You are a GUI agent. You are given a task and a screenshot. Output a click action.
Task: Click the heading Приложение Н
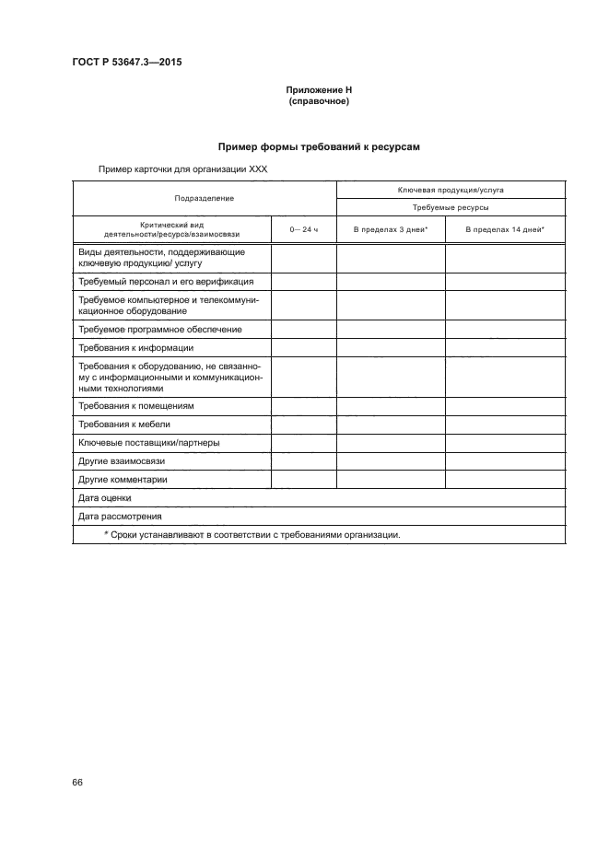pyautogui.click(x=317, y=90)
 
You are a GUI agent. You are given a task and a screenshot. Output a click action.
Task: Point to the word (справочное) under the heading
pyautogui.click(x=317, y=101)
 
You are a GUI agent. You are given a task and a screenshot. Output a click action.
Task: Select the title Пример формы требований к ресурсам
pyautogui.click(x=319, y=145)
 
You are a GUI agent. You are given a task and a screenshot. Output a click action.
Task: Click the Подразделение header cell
pyautogui.click(x=205, y=198)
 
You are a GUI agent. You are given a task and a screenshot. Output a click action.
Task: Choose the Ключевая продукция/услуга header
pyautogui.click(x=451, y=189)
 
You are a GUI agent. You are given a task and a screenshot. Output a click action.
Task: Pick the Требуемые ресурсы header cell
pyautogui.click(x=451, y=208)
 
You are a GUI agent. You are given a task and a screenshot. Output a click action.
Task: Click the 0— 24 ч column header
pyautogui.click(x=303, y=228)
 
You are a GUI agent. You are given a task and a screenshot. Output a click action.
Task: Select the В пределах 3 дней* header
pyautogui.click(x=391, y=228)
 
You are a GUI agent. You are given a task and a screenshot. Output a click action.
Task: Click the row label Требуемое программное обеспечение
pyautogui.click(x=160, y=329)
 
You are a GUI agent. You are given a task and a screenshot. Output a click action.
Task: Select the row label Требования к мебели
pyautogui.click(x=124, y=425)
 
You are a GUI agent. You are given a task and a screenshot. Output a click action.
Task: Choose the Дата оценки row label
pyautogui.click(x=105, y=498)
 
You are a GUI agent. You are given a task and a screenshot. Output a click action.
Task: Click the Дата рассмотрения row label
pyautogui.click(x=118, y=517)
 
